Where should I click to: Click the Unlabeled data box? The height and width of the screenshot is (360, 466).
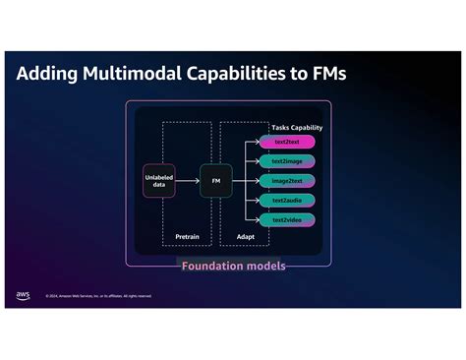(x=158, y=181)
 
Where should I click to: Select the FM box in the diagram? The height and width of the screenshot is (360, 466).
(x=215, y=181)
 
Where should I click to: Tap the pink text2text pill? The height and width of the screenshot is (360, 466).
(x=287, y=142)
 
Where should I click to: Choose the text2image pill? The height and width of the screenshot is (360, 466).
(x=287, y=161)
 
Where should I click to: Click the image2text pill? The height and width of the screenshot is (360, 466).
(x=287, y=181)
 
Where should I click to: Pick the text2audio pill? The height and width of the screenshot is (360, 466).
(x=287, y=200)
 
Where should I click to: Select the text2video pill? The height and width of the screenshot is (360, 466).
(x=287, y=219)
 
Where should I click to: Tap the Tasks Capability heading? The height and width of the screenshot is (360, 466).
(x=296, y=127)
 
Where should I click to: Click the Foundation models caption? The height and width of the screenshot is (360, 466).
(x=232, y=266)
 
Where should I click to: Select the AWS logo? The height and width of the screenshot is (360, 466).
(x=23, y=295)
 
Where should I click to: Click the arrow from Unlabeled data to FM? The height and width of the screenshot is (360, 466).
(x=187, y=181)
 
